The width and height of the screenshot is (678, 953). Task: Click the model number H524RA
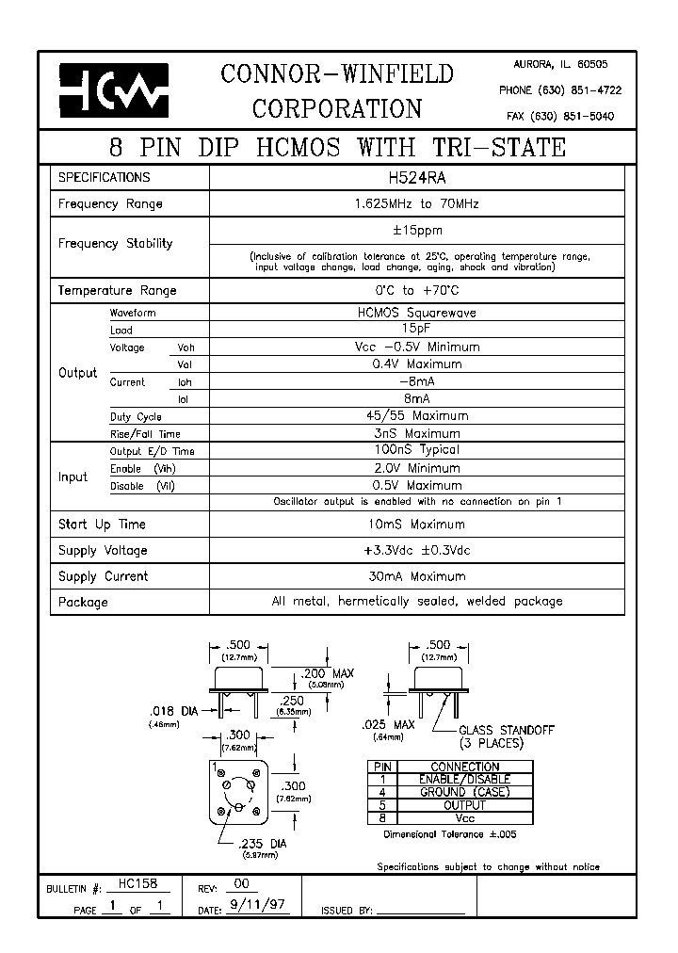click(415, 176)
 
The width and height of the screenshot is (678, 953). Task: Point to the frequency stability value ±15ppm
click(416, 230)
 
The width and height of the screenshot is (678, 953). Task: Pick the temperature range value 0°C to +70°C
click(415, 290)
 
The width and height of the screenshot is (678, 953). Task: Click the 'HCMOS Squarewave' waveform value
click(415, 313)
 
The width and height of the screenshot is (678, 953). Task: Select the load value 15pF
click(415, 330)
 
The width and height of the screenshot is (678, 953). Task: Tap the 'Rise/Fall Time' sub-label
click(145, 434)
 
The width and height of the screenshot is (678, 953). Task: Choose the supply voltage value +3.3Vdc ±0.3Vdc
click(415, 550)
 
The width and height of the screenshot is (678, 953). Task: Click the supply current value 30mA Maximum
click(415, 576)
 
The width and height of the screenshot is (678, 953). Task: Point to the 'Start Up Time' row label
click(102, 525)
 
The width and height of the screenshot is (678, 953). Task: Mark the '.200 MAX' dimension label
click(328, 674)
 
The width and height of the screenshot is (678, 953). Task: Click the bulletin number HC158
click(138, 884)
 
